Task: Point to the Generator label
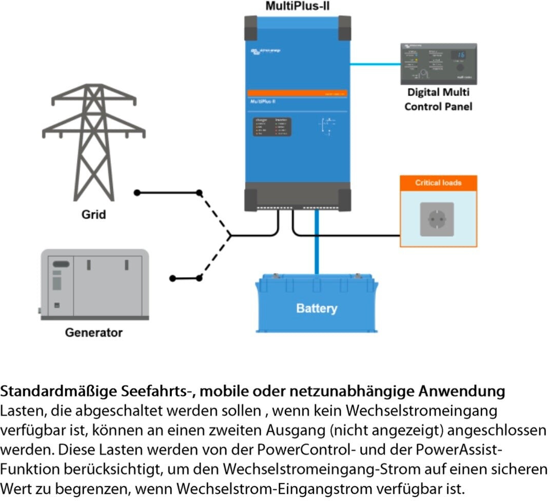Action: [x=94, y=332]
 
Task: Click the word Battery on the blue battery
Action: [x=317, y=309]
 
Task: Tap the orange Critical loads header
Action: [x=438, y=183]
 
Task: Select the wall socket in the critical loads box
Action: [x=437, y=219]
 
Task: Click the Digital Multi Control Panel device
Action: [x=438, y=64]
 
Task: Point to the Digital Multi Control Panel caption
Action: [x=438, y=100]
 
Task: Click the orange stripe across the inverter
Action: [x=298, y=94]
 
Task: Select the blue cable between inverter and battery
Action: [x=317, y=241]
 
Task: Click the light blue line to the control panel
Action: [x=375, y=64]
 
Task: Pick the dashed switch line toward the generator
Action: [x=215, y=257]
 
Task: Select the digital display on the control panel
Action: [x=460, y=55]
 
